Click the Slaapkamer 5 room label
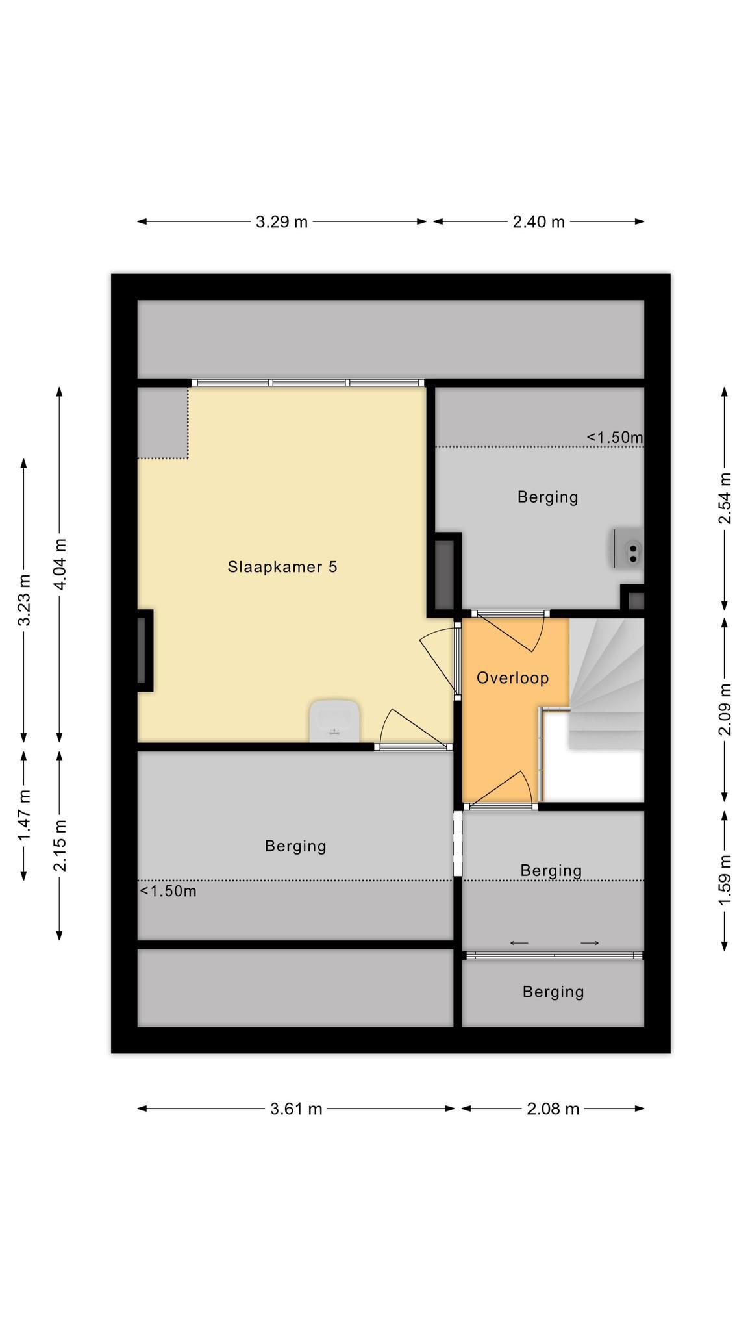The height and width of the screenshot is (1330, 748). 282,567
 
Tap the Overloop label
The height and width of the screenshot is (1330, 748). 513,678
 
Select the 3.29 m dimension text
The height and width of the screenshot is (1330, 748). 282,222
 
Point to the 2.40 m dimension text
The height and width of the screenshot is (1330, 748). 539,222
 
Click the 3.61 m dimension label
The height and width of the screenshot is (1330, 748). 296,1109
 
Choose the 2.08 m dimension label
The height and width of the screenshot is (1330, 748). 553,1109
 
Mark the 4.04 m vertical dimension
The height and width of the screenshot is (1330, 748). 60,564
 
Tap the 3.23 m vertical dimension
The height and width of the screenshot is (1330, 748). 24,600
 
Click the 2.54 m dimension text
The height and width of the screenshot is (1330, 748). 725,498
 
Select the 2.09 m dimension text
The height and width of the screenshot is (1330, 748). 725,709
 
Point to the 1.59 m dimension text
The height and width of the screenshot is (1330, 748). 725,880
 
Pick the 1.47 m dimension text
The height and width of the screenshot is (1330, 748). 24,815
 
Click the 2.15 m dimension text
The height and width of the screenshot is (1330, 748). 60,846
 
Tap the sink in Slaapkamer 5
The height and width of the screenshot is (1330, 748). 334,721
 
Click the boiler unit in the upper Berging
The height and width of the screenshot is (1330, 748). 627,548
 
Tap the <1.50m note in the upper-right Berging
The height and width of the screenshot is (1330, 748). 615,437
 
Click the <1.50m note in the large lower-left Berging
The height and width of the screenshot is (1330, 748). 168,891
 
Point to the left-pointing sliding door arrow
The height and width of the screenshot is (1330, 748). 519,943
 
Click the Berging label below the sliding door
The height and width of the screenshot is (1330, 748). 553,992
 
